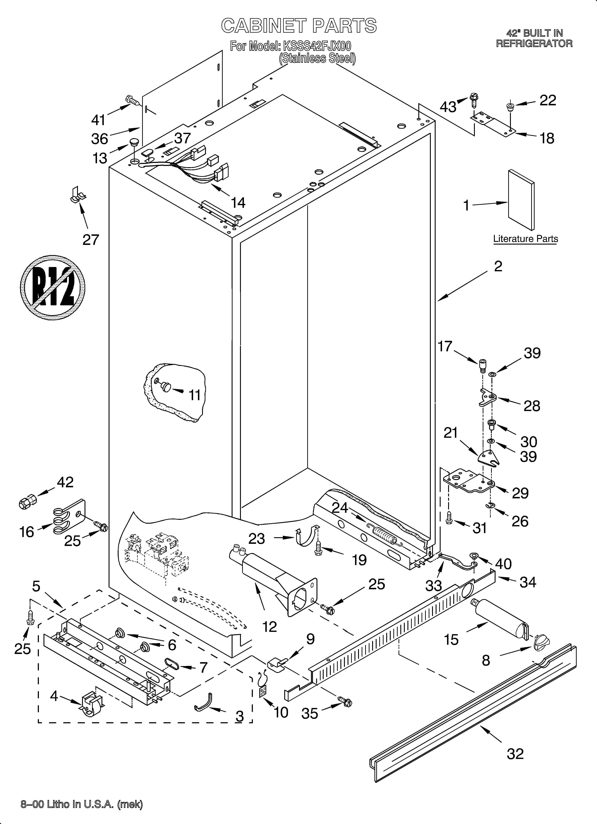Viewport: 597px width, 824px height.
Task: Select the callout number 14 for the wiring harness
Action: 238,203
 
